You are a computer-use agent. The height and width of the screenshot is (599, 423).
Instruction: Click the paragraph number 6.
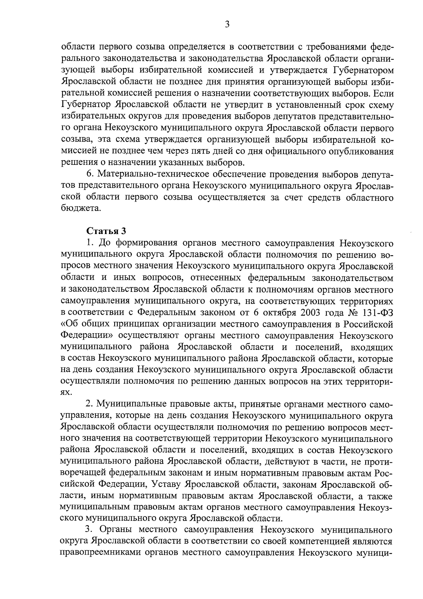pyautogui.click(x=90, y=174)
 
